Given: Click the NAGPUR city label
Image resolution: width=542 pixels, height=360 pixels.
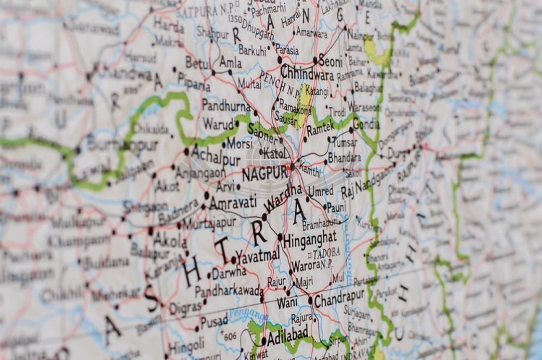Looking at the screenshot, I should click(264, 174).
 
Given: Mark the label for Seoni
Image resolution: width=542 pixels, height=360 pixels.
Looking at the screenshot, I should click(330, 63).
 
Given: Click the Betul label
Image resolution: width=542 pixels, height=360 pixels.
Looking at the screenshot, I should click(197, 63).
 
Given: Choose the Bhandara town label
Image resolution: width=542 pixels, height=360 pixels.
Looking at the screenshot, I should click(344, 157).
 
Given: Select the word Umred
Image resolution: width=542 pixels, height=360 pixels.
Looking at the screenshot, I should click(320, 191).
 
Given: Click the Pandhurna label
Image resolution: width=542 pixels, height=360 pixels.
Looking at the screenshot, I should click(225, 106).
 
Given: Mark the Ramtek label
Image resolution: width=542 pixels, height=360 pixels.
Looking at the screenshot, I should click(320, 129).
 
